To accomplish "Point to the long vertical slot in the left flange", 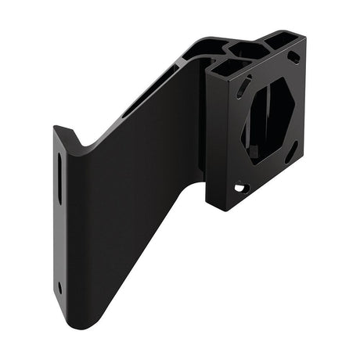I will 60,179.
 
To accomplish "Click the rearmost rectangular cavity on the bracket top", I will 279,37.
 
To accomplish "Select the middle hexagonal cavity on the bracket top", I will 248,51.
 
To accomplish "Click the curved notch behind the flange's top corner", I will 86,143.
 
